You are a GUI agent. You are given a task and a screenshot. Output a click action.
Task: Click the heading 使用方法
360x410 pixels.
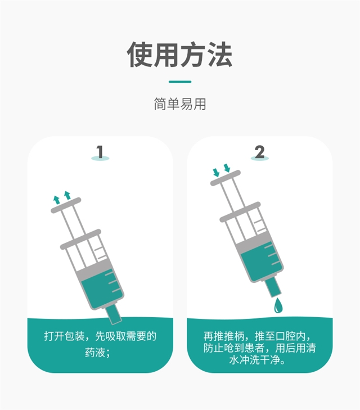[x=179, y=55]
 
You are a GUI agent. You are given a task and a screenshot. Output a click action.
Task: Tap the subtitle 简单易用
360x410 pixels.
[x=179, y=104]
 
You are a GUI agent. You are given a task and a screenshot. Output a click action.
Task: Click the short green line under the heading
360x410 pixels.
[x=179, y=82]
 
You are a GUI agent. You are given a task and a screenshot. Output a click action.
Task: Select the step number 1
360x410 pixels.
[x=100, y=152]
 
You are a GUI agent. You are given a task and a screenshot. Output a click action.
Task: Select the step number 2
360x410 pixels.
[x=259, y=151]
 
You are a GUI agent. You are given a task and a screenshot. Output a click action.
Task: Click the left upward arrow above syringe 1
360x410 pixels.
[x=56, y=199]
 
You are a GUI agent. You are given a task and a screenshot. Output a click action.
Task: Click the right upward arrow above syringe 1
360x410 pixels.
[x=67, y=195]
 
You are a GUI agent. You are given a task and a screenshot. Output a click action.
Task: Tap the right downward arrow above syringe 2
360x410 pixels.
[x=227, y=168]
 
